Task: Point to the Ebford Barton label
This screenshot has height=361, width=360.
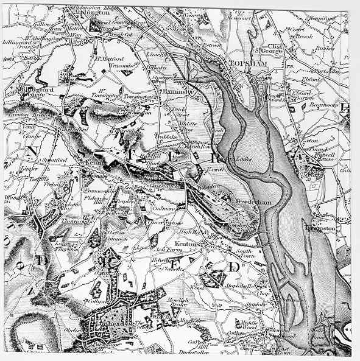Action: click(303, 96)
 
